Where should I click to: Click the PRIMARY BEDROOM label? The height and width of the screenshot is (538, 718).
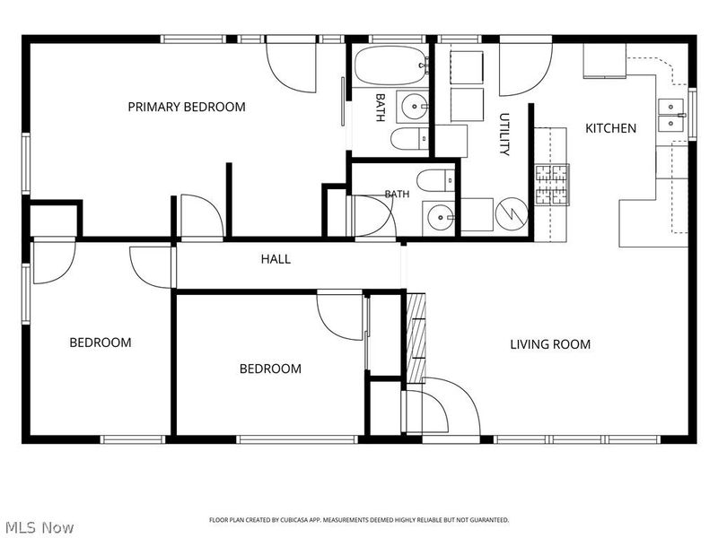[x=187, y=107]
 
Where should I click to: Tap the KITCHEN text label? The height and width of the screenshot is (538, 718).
[x=611, y=128]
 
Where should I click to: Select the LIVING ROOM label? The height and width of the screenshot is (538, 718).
[x=550, y=344]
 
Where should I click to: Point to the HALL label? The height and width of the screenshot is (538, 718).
[x=276, y=259]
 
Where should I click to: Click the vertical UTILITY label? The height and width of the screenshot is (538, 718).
[x=504, y=134]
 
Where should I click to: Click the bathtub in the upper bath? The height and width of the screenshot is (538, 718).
[x=390, y=65]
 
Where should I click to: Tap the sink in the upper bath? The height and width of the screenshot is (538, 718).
[x=414, y=107]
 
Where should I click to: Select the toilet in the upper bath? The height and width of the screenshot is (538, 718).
[x=409, y=139]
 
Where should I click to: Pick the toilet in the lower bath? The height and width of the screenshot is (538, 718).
[x=435, y=180]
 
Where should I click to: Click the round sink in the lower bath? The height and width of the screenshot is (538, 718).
[x=440, y=218]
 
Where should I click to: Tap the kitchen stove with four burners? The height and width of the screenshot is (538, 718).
[x=552, y=185]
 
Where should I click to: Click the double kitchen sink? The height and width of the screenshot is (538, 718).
[x=670, y=116]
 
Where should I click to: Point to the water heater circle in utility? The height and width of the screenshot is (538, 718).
[x=512, y=213]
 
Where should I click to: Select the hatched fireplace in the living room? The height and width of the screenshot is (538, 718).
[x=416, y=338]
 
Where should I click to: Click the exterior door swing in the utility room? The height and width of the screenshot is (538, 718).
[x=525, y=70]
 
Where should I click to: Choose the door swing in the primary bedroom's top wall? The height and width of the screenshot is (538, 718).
[x=291, y=68]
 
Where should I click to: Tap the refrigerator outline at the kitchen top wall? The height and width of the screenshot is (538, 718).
[x=604, y=60]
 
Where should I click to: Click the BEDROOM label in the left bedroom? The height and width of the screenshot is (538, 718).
[x=101, y=343]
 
